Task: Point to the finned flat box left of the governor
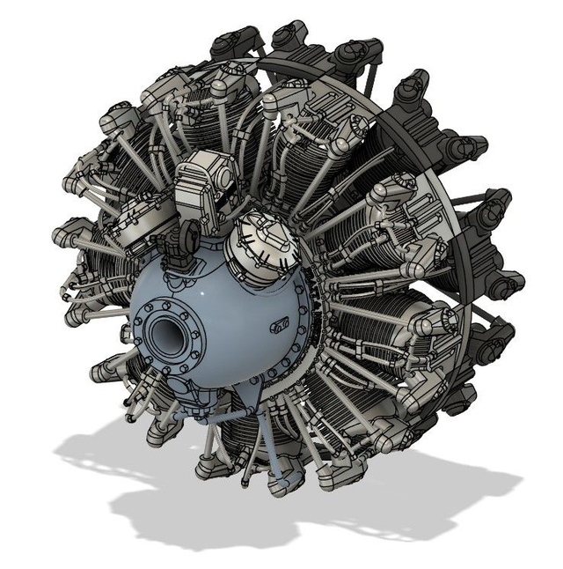tap(129, 220)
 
